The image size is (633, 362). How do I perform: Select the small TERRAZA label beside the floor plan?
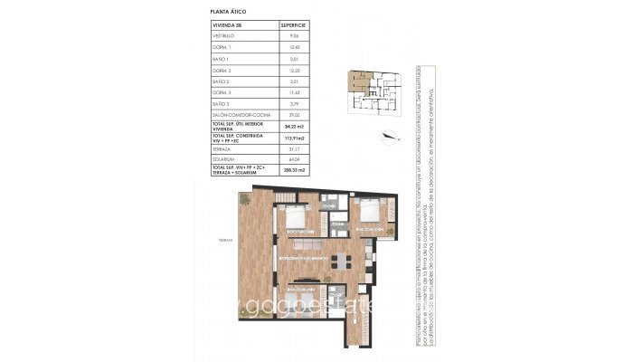tap(225, 241)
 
